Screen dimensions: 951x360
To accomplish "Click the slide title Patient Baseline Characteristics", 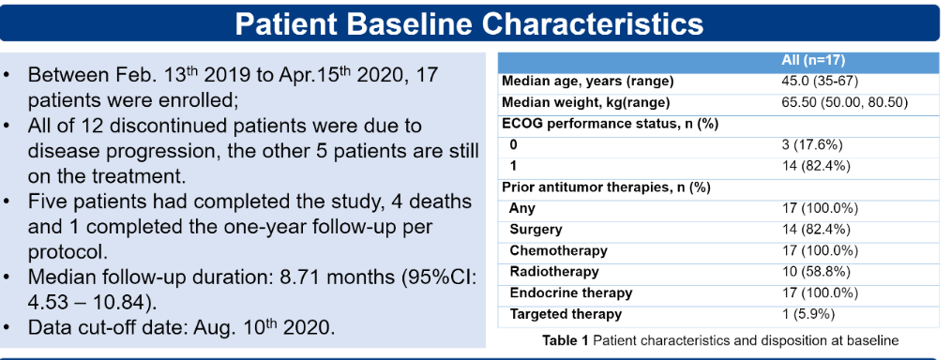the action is [x=469, y=23].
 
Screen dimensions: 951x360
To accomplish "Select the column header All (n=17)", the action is [x=813, y=61].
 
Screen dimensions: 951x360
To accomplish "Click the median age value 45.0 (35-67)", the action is [x=820, y=82].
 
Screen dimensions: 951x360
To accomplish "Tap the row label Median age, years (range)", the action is [x=588, y=82].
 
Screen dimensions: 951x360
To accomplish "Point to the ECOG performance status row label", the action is [x=611, y=124].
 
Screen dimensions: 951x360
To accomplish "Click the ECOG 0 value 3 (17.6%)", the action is [x=813, y=145].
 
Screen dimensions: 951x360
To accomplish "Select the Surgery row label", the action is [x=536, y=230].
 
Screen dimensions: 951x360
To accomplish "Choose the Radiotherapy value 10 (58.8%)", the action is [x=816, y=272].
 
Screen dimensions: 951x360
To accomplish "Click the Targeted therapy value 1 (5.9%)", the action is [x=808, y=314].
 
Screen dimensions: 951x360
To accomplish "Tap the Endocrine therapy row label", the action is [x=571, y=292].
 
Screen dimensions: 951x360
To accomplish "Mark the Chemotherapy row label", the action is [x=558, y=250].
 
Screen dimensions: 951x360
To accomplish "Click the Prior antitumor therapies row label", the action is [x=606, y=187].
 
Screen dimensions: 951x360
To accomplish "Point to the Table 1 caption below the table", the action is [x=720, y=340].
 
